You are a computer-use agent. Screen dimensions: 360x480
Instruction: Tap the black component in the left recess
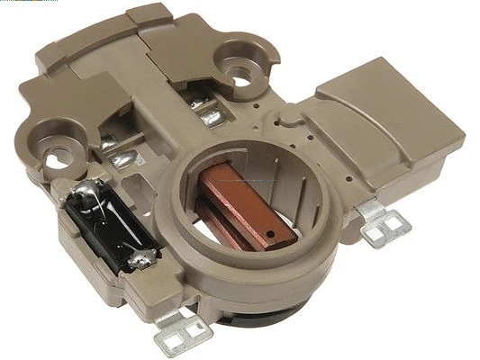coord(106,226)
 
